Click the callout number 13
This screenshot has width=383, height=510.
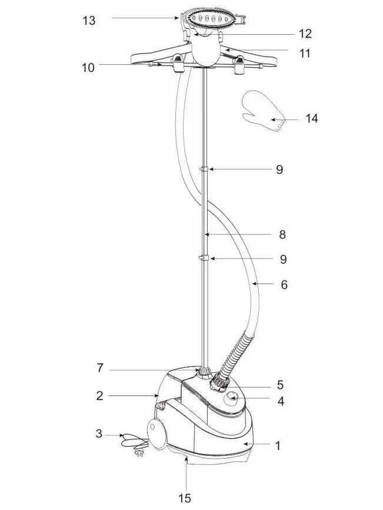pyautogui.click(x=88, y=20)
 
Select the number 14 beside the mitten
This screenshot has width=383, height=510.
pyautogui.click(x=311, y=118)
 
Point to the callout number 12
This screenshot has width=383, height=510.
pyautogui.click(x=305, y=34)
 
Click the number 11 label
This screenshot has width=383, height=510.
pyautogui.click(x=304, y=53)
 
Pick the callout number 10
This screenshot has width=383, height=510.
pyautogui.click(x=88, y=67)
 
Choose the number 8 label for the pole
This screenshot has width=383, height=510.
pyautogui.click(x=282, y=234)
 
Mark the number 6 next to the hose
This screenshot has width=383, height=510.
pyautogui.click(x=284, y=284)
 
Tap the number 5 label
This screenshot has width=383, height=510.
pyautogui.click(x=281, y=385)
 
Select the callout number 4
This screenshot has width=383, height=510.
pyautogui.click(x=281, y=402)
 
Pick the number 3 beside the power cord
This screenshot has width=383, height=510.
pyautogui.click(x=99, y=435)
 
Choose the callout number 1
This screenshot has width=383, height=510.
pyautogui.click(x=278, y=446)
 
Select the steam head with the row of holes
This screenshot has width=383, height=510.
pyautogui.click(x=215, y=19)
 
